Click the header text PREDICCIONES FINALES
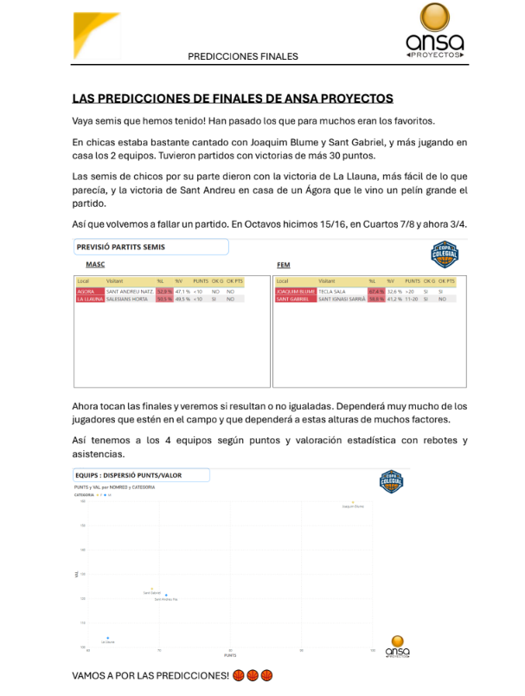(x=243, y=56)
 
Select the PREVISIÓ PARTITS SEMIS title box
(x=150, y=247)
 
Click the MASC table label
(x=95, y=265)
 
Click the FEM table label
(x=283, y=265)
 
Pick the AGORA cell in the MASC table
(x=86, y=292)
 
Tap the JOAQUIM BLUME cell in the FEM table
(x=293, y=292)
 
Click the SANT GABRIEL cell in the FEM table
(x=292, y=299)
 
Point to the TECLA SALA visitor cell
(x=332, y=292)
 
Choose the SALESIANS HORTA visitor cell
(x=129, y=299)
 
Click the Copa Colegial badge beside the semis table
(x=445, y=254)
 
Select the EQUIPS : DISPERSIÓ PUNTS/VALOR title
(x=140, y=474)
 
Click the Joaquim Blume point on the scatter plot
(x=354, y=501)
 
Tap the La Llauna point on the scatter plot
(x=108, y=638)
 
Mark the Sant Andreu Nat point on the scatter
(x=166, y=595)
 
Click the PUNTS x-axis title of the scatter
(x=231, y=655)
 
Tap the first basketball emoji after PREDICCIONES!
(x=239, y=674)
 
